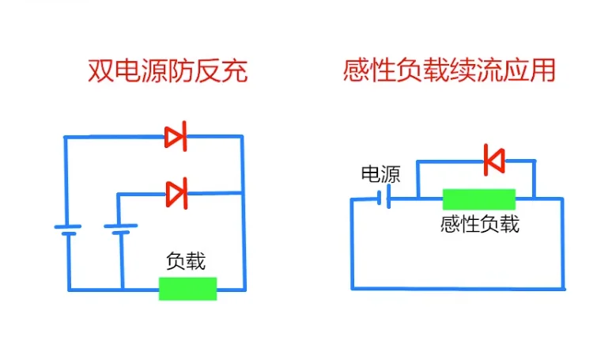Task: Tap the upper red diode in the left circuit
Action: tap(176, 137)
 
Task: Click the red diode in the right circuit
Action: tap(494, 161)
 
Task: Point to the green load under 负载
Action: tap(187, 288)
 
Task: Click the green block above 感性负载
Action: tap(478, 199)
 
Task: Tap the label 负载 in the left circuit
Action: tap(186, 262)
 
